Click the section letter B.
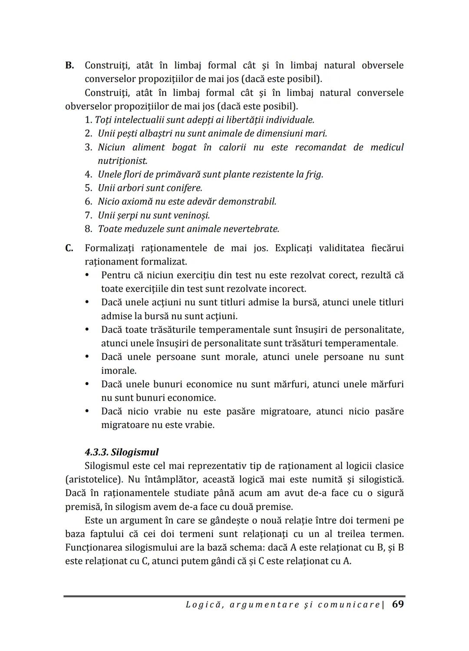[x=69, y=66]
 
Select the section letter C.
[x=69, y=249]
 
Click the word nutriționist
[x=122, y=161]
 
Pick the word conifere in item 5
[x=183, y=188]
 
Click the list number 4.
[x=88, y=175]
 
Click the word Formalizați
[x=109, y=249]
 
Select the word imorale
[x=119, y=371]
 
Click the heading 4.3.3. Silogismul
[x=122, y=452]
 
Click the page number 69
[x=398, y=604]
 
